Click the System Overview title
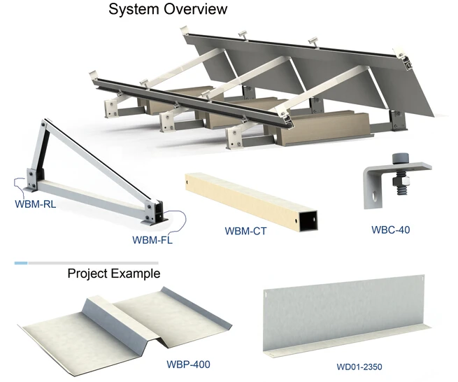pos(169,10)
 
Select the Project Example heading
pos(113,273)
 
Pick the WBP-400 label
pos(188,364)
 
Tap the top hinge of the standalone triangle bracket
pos(46,126)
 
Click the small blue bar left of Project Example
pos(21,263)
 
